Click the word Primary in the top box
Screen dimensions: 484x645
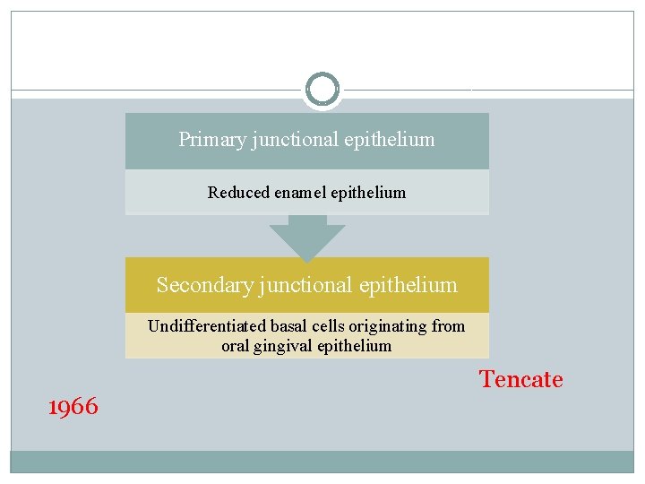tap(203, 140)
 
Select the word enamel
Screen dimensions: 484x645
tap(300, 193)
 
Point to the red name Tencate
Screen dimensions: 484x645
tap(520, 379)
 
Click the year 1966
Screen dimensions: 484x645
tap(73, 407)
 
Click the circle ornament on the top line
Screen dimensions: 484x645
tap(322, 90)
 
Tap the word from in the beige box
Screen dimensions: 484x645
tap(448, 326)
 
